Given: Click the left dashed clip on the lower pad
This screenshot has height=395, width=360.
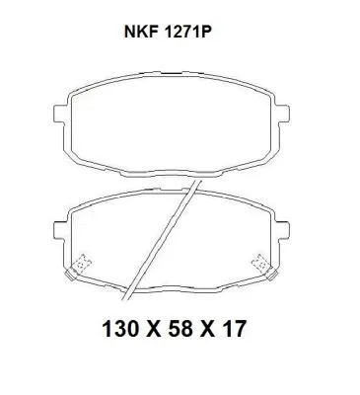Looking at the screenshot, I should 81,264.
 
